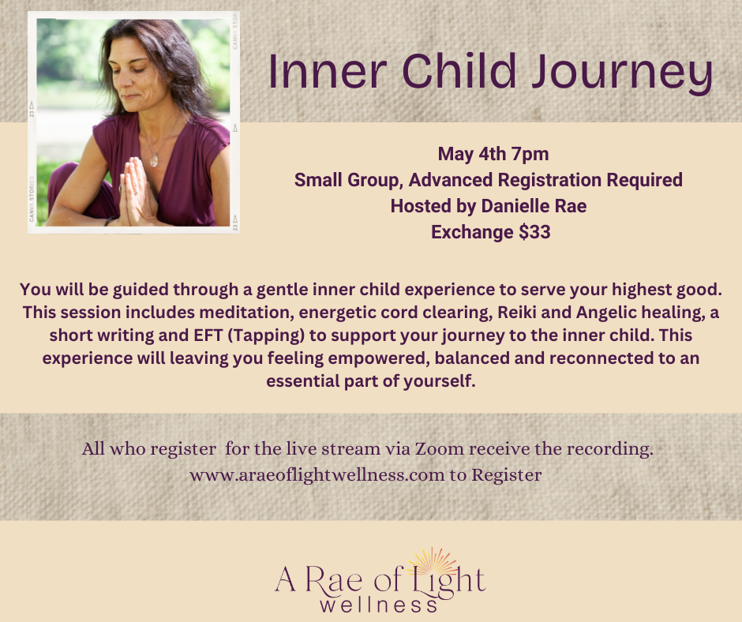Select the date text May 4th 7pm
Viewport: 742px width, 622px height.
(493, 154)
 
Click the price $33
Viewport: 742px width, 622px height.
(534, 232)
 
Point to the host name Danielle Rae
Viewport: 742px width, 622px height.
(534, 206)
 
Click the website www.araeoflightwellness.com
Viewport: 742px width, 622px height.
(317, 474)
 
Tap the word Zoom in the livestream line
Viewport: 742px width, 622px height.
(439, 449)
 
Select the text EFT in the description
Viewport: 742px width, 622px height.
(208, 335)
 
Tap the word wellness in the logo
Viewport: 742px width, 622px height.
(378, 605)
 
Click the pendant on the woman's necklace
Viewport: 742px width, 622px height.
(153, 161)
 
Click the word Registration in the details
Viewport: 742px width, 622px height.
(550, 180)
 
